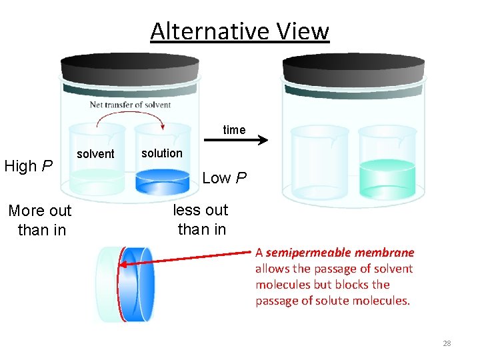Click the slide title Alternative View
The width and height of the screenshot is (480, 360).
(239, 31)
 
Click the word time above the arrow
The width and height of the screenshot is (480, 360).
(234, 130)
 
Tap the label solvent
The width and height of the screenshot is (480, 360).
(95, 154)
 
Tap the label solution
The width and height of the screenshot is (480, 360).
(161, 153)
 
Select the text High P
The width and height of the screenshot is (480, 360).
(29, 166)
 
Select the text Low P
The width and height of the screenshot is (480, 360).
(224, 178)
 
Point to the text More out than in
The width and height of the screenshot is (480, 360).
(40, 220)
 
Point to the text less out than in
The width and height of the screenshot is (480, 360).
(201, 219)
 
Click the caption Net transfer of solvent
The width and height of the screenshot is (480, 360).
(130, 105)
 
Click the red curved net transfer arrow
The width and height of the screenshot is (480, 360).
(130, 117)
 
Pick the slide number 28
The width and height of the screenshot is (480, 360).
(447, 343)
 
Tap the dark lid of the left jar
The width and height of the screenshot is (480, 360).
(131, 67)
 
